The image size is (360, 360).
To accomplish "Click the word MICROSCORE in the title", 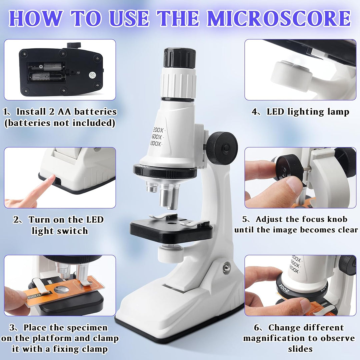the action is [279, 18].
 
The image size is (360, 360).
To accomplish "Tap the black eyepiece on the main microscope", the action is [180, 58].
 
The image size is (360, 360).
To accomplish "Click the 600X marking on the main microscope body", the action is [157, 137].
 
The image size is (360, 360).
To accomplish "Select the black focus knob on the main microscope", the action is [222, 148].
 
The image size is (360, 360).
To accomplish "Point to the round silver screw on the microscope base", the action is [226, 267].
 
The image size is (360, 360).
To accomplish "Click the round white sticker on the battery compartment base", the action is [92, 75].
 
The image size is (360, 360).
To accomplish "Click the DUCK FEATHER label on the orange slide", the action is [39, 295].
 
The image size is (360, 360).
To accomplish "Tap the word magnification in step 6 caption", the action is [280, 338].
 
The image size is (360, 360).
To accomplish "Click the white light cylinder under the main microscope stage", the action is [170, 253].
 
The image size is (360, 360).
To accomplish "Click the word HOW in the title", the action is [36, 18].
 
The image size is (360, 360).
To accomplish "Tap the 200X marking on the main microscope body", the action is [158, 130].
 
